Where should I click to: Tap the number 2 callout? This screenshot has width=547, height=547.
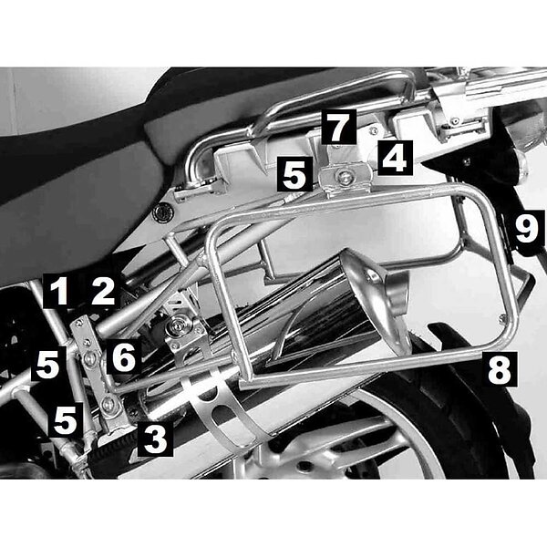pyautogui.click(x=102, y=291)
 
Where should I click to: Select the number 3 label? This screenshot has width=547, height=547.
pyautogui.click(x=155, y=439)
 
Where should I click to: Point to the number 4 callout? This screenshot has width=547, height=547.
pyautogui.click(x=395, y=158)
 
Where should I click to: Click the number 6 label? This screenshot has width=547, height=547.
pyautogui.click(x=124, y=356)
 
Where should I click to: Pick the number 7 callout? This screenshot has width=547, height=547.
pyautogui.click(x=339, y=127)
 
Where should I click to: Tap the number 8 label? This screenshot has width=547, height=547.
pyautogui.click(x=500, y=369)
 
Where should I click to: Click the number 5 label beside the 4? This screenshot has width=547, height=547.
pyautogui.click(x=294, y=174)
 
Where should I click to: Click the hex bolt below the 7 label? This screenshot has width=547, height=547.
pyautogui.click(x=345, y=179)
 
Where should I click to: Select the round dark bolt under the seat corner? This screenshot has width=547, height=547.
pyautogui.click(x=162, y=212)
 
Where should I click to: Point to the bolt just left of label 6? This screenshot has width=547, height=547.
pyautogui.click(x=90, y=358)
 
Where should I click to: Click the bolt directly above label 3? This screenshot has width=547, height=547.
pyautogui.click(x=108, y=405)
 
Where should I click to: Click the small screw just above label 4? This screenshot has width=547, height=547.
pyautogui.click(x=374, y=130)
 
